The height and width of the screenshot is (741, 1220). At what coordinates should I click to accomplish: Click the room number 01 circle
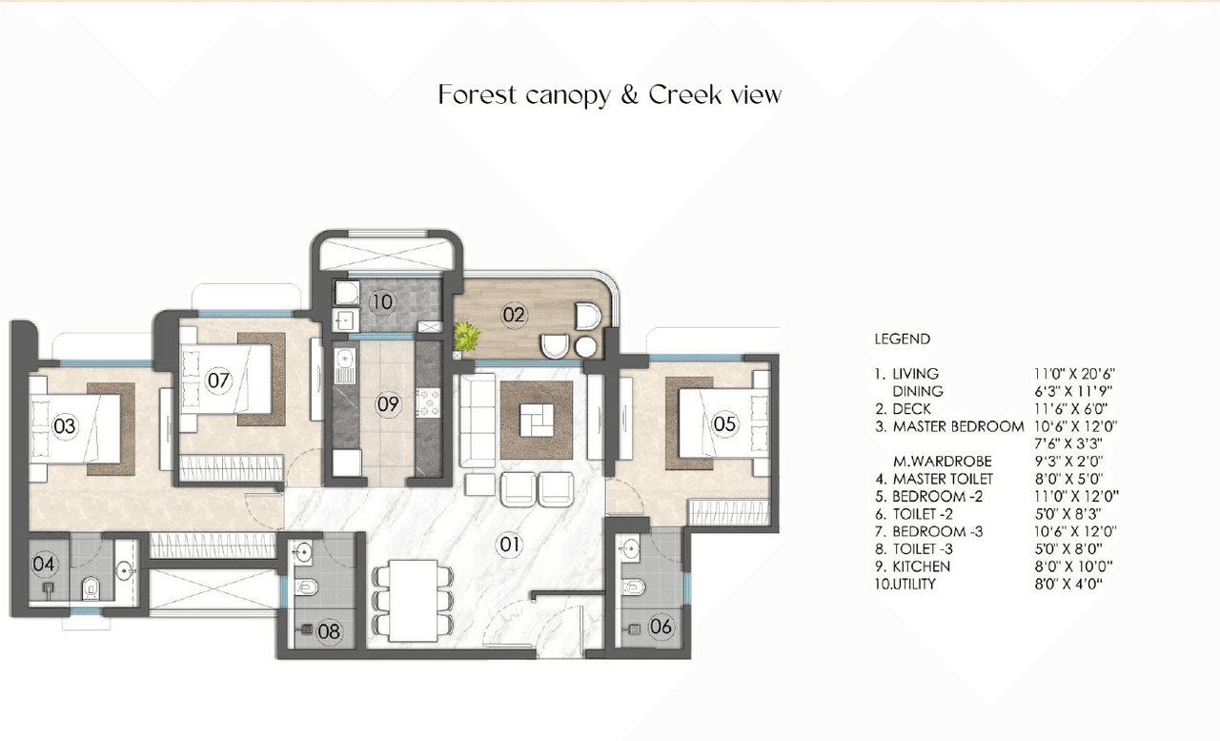click(x=510, y=545)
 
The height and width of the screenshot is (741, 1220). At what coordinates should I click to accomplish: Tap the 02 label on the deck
click(x=514, y=314)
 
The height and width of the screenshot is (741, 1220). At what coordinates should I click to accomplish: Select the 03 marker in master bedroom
click(x=64, y=426)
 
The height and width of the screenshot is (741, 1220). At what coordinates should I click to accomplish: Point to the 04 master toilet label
click(x=43, y=564)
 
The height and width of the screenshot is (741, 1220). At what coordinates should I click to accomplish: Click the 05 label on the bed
click(x=724, y=424)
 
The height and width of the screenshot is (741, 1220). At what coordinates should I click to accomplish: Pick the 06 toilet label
click(x=661, y=627)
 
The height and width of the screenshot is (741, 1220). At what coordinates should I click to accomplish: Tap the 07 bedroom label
click(x=219, y=381)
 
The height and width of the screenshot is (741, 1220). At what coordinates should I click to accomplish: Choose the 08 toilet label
click(x=329, y=630)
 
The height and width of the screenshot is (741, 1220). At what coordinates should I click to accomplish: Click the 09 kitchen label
click(x=387, y=404)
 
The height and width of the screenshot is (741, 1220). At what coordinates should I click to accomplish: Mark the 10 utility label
click(x=381, y=302)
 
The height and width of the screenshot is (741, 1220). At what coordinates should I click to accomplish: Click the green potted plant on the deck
click(x=467, y=336)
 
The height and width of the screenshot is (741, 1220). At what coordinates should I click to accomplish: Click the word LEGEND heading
click(x=902, y=339)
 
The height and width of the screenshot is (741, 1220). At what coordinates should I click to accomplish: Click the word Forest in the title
click(x=478, y=94)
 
